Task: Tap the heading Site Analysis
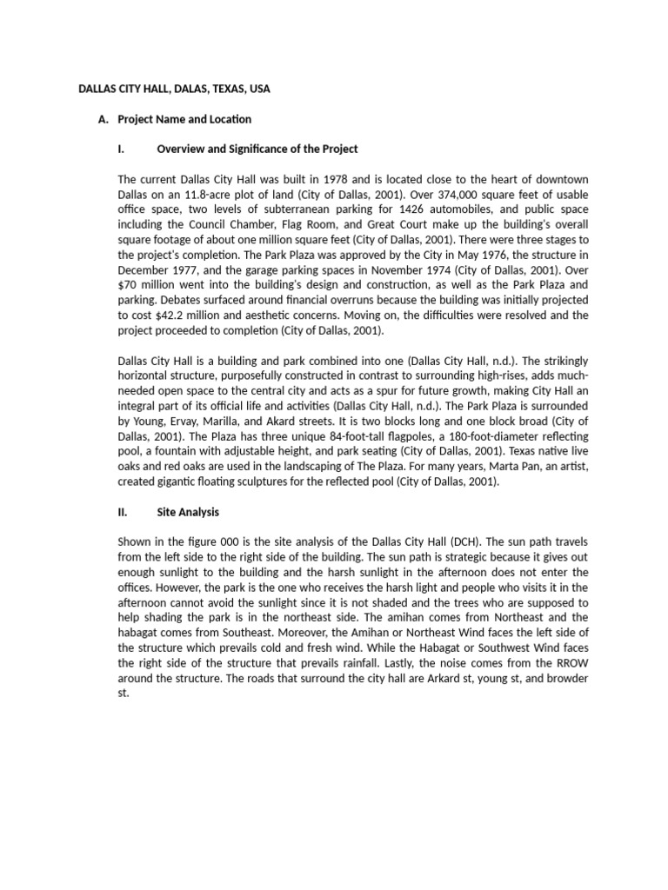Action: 188,512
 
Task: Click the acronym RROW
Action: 570,663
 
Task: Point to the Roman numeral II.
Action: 122,512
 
